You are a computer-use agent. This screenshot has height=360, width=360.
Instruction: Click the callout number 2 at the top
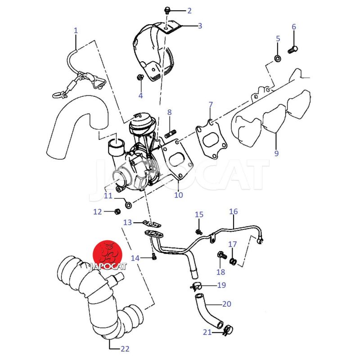(x=189, y=11)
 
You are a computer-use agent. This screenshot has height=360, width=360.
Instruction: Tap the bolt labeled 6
(x=293, y=50)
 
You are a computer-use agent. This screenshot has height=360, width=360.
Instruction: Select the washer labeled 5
(x=278, y=58)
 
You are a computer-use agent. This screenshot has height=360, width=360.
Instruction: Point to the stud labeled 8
(x=171, y=134)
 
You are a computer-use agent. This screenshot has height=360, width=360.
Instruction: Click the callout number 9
(x=276, y=153)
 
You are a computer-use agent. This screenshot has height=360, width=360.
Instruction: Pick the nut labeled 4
(x=140, y=77)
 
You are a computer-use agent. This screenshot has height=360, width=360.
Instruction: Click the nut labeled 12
(x=117, y=211)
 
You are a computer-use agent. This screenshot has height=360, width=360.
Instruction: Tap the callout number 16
(x=234, y=211)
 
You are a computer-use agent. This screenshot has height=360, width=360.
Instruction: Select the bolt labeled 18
(x=222, y=255)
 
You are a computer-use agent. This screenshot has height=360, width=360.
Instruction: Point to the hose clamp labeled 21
(x=228, y=330)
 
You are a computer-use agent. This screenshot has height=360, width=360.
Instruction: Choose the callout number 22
(x=125, y=349)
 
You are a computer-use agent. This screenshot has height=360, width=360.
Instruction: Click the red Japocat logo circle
(x=107, y=255)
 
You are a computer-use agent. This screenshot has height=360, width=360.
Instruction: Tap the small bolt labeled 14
(x=154, y=256)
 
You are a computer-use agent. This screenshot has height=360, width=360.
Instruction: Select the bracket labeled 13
(x=152, y=223)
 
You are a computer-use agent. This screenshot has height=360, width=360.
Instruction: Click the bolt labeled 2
(x=167, y=10)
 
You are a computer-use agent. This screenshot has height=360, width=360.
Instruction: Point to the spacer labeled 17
(x=233, y=261)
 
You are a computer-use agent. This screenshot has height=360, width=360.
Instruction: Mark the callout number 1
(x=76, y=31)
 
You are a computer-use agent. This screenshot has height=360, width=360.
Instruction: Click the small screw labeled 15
(x=198, y=232)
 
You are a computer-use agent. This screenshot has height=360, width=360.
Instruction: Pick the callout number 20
(x=227, y=304)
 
